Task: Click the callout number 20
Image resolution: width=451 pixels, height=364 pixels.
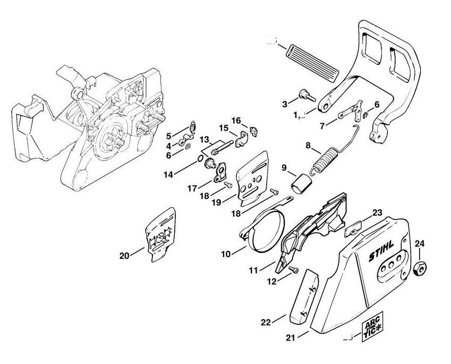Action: [124, 256]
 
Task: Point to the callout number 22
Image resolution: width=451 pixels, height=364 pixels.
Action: [267, 321]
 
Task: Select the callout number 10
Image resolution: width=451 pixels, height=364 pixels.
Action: [226, 255]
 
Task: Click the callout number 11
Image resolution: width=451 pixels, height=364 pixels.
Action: [253, 270]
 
